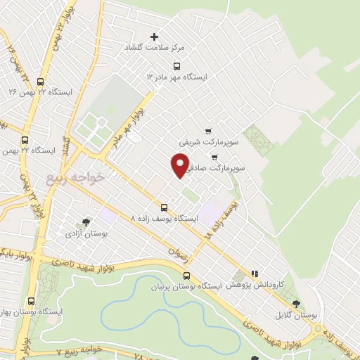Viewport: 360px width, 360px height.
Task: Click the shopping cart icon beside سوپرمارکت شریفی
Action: (208, 131)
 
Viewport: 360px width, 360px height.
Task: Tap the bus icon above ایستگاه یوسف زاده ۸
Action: (164, 207)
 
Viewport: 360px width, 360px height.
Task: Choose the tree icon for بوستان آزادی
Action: (86, 221)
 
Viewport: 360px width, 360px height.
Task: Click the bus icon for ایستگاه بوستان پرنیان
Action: (186, 276)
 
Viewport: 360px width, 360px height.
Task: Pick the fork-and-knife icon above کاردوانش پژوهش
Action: (255, 274)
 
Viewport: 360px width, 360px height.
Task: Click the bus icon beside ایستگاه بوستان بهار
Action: (31, 301)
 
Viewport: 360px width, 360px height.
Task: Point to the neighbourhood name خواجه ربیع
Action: (76, 177)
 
